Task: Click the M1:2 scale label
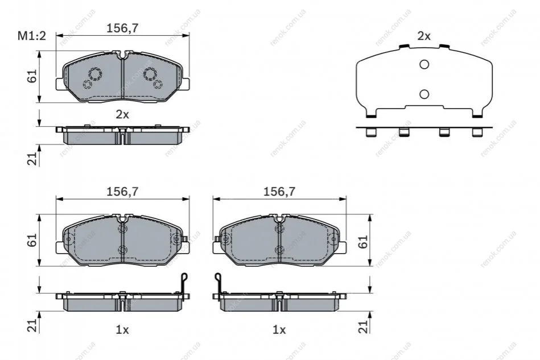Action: point(32,35)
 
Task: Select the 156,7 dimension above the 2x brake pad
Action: point(122,28)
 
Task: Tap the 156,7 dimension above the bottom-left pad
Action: point(122,192)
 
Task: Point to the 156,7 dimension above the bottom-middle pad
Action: point(279,192)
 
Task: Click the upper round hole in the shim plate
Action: point(424,64)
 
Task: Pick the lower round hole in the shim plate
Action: point(424,94)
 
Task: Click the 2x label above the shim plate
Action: point(424,36)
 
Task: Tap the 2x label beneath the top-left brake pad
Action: point(122,114)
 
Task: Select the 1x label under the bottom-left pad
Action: point(122,330)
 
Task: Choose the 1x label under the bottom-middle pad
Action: point(279,330)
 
